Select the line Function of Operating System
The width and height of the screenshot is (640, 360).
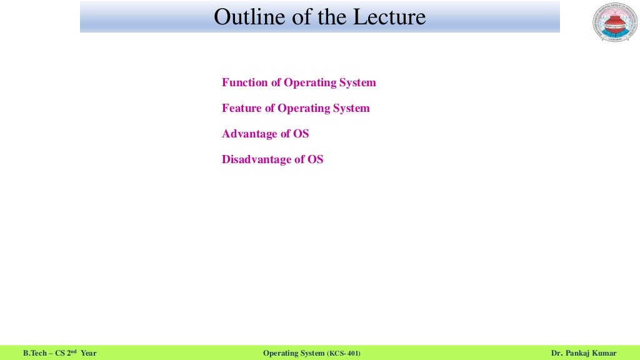click(299, 82)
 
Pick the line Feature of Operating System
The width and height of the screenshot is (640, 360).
click(296, 108)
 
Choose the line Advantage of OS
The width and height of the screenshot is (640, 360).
click(265, 134)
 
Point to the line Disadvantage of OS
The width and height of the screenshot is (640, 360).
click(272, 159)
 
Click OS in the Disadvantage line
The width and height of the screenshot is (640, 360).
click(315, 159)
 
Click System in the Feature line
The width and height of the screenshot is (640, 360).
click(351, 108)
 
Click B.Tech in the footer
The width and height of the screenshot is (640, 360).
click(35, 354)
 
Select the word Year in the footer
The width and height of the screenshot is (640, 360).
click(89, 354)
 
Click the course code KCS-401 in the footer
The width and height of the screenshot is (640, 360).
click(344, 354)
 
